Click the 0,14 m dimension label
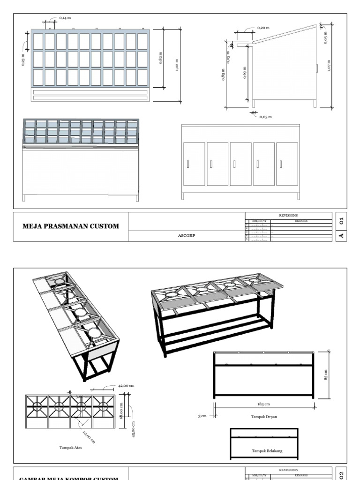coord(66,18)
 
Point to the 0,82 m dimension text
coord(161,58)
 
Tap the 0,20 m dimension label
coord(263,28)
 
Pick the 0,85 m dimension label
coord(223,75)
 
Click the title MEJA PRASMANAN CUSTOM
coord(71,226)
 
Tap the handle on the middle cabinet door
coord(234,164)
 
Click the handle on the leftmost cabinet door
coord(188,164)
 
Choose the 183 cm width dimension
coord(263,404)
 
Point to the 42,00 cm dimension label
coord(126,385)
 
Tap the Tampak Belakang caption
coord(267,451)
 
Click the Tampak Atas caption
coord(71,448)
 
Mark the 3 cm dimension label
coord(202,416)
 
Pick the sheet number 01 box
coord(342,219)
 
